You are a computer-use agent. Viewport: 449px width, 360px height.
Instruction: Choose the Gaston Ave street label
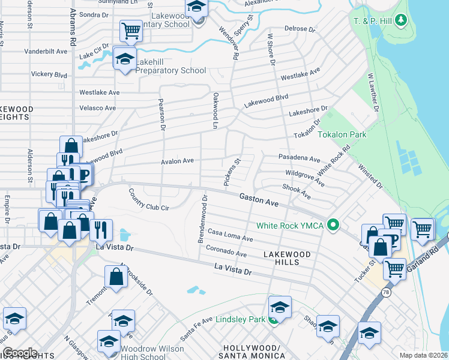coord(259,200)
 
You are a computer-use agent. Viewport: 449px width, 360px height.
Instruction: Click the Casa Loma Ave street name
coord(230,235)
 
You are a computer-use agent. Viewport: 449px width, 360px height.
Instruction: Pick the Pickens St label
coord(231,172)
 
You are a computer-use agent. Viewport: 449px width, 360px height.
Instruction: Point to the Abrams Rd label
coord(73,27)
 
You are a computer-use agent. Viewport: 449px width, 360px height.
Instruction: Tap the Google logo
coord(19,353)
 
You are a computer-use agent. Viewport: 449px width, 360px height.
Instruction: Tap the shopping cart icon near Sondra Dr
coord(130,30)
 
